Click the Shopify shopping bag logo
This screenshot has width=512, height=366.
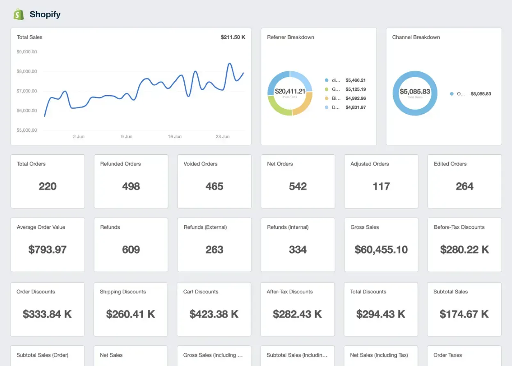tap(19, 14)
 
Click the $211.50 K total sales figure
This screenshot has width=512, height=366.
tap(233, 37)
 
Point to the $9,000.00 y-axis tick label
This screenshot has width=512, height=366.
tap(27, 52)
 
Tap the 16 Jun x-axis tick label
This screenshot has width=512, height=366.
tap(174, 137)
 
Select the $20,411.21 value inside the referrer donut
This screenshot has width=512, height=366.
tap(290, 91)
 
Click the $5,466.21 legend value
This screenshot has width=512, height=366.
tap(355, 80)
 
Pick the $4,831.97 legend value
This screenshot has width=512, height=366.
tap(355, 108)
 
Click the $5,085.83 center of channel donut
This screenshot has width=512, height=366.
tap(415, 91)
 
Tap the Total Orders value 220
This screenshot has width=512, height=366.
tap(48, 186)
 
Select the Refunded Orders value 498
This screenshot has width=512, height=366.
tap(131, 186)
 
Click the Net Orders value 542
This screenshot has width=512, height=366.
tap(298, 186)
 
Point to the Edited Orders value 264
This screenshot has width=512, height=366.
tap(464, 186)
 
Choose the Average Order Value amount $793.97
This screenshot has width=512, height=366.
tap(48, 249)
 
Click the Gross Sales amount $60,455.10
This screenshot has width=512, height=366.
tap(381, 249)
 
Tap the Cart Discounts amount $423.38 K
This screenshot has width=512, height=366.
tap(214, 314)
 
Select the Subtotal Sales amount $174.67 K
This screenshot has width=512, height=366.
tap(464, 314)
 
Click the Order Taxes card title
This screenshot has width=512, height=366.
tap(448, 355)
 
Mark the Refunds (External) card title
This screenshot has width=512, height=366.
tap(205, 227)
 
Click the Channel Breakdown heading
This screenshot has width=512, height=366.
tap(416, 37)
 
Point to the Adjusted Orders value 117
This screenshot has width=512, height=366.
tap(381, 186)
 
